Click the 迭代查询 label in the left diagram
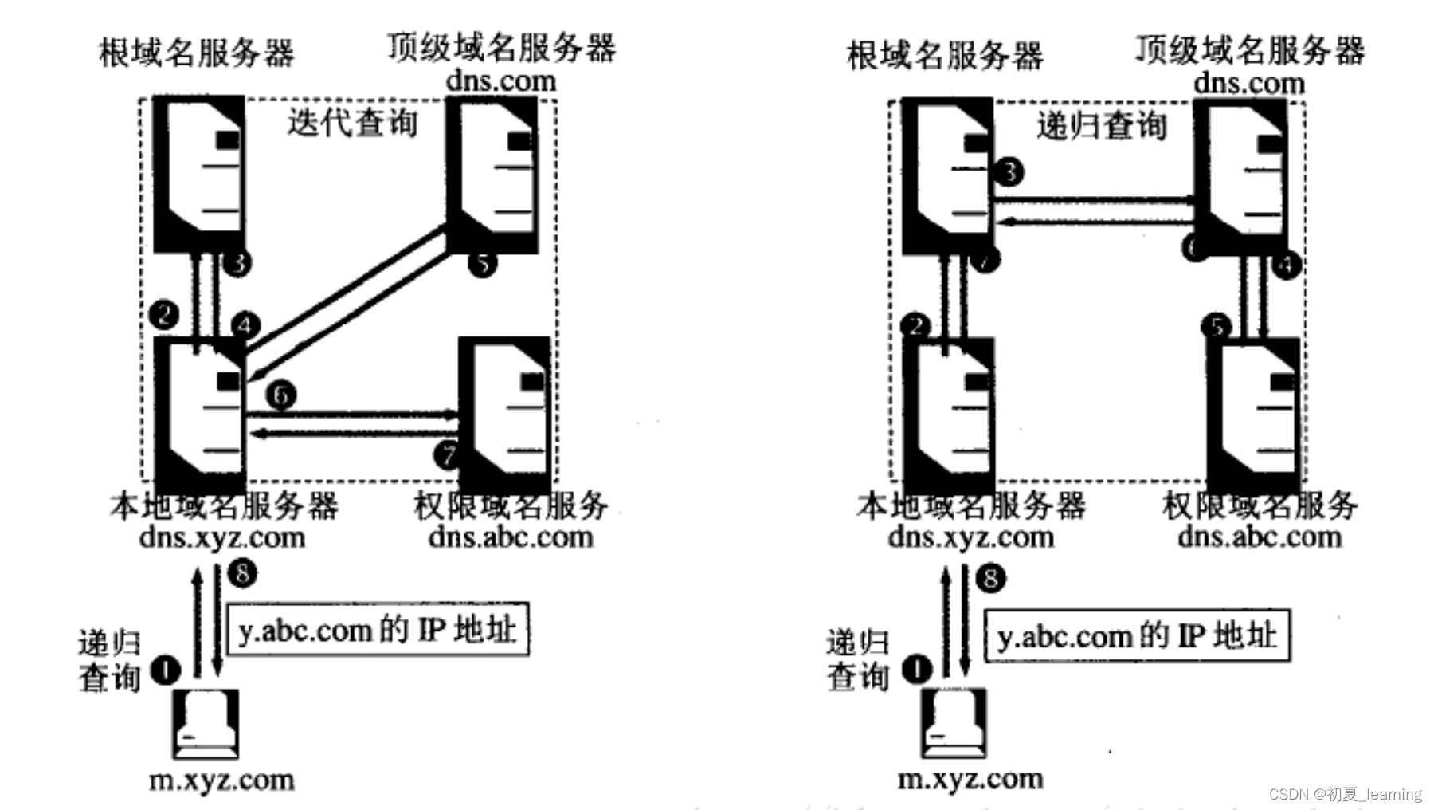[352, 123]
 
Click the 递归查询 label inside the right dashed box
[1102, 126]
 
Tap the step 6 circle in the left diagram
[280, 395]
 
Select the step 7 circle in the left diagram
[447, 454]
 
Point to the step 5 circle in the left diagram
[482, 263]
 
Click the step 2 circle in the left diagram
[164, 314]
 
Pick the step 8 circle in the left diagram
[242, 572]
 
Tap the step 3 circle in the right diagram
[1009, 171]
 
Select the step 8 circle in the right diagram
[990, 577]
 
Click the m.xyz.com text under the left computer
[221, 779]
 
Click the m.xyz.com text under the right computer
[970, 778]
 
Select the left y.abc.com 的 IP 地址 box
[378, 630]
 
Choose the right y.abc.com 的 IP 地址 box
[1137, 635]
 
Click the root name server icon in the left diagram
[199, 174]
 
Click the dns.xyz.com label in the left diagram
[222, 537]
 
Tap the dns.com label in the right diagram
[1248, 83]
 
